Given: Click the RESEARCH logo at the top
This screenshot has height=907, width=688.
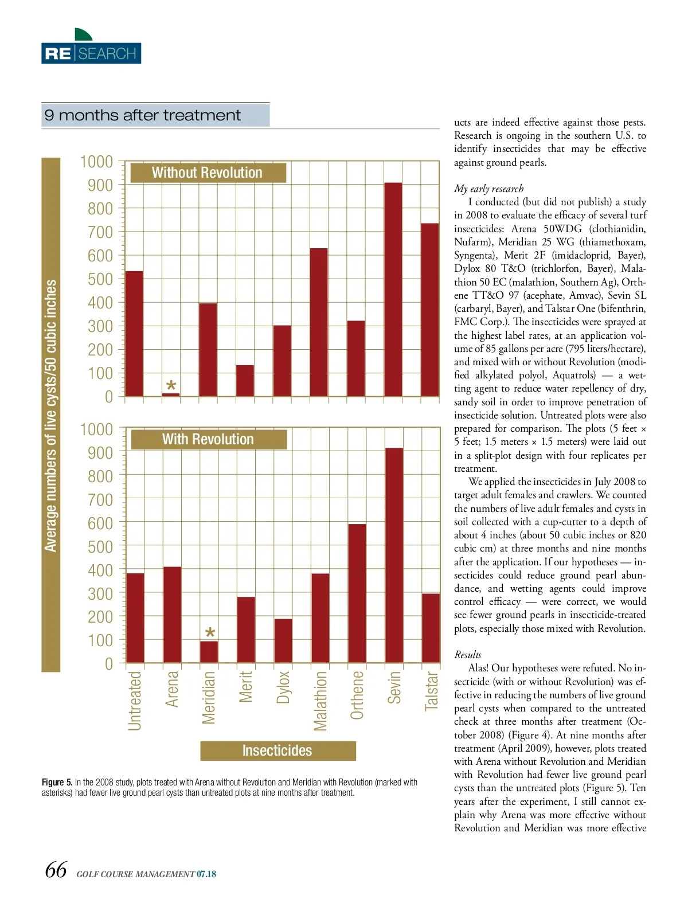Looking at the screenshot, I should [91, 53].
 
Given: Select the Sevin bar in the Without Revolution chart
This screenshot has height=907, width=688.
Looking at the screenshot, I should [393, 289].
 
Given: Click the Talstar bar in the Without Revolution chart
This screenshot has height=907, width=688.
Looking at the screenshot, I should [429, 310].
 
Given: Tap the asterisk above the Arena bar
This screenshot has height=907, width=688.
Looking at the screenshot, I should [171, 386].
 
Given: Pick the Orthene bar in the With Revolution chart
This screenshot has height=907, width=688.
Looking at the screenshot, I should [357, 593].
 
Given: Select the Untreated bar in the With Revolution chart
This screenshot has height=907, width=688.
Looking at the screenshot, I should [135, 618].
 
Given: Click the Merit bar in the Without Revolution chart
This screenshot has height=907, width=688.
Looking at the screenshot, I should [245, 380].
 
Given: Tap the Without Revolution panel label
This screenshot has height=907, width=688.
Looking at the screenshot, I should [208, 173].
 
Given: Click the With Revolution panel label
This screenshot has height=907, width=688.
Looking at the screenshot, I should [208, 439].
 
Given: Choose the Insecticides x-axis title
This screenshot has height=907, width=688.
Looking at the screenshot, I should [277, 750].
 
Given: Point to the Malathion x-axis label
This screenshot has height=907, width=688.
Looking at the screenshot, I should [320, 701].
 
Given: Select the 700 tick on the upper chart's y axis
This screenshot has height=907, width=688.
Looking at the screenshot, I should [100, 232].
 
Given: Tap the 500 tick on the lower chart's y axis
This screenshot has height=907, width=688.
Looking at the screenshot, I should [100, 547].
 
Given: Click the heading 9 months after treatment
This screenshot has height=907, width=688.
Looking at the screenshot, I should [143, 115].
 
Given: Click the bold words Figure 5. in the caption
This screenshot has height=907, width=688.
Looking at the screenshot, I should [57, 782].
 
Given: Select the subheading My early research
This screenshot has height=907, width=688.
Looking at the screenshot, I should [488, 189].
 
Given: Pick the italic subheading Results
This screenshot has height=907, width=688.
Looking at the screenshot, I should [467, 655].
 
